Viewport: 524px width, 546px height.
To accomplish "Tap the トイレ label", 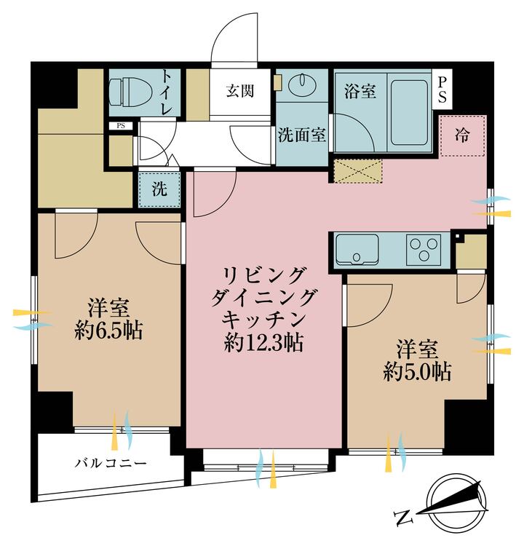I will coord(167,92).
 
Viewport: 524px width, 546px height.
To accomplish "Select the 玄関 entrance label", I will coord(239,92).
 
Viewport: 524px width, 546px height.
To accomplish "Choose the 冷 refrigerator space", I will coord(461,135).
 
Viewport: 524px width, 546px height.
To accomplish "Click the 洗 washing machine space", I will coord(159,189).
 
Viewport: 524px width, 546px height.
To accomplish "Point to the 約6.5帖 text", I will coord(109,332).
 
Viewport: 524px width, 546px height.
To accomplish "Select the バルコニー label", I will coord(111,462).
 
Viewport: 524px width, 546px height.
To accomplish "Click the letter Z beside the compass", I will coord(402,518).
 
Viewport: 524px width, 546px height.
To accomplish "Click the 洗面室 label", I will coord(302,135).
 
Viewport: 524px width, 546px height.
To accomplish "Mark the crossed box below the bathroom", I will coord(357,170).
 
